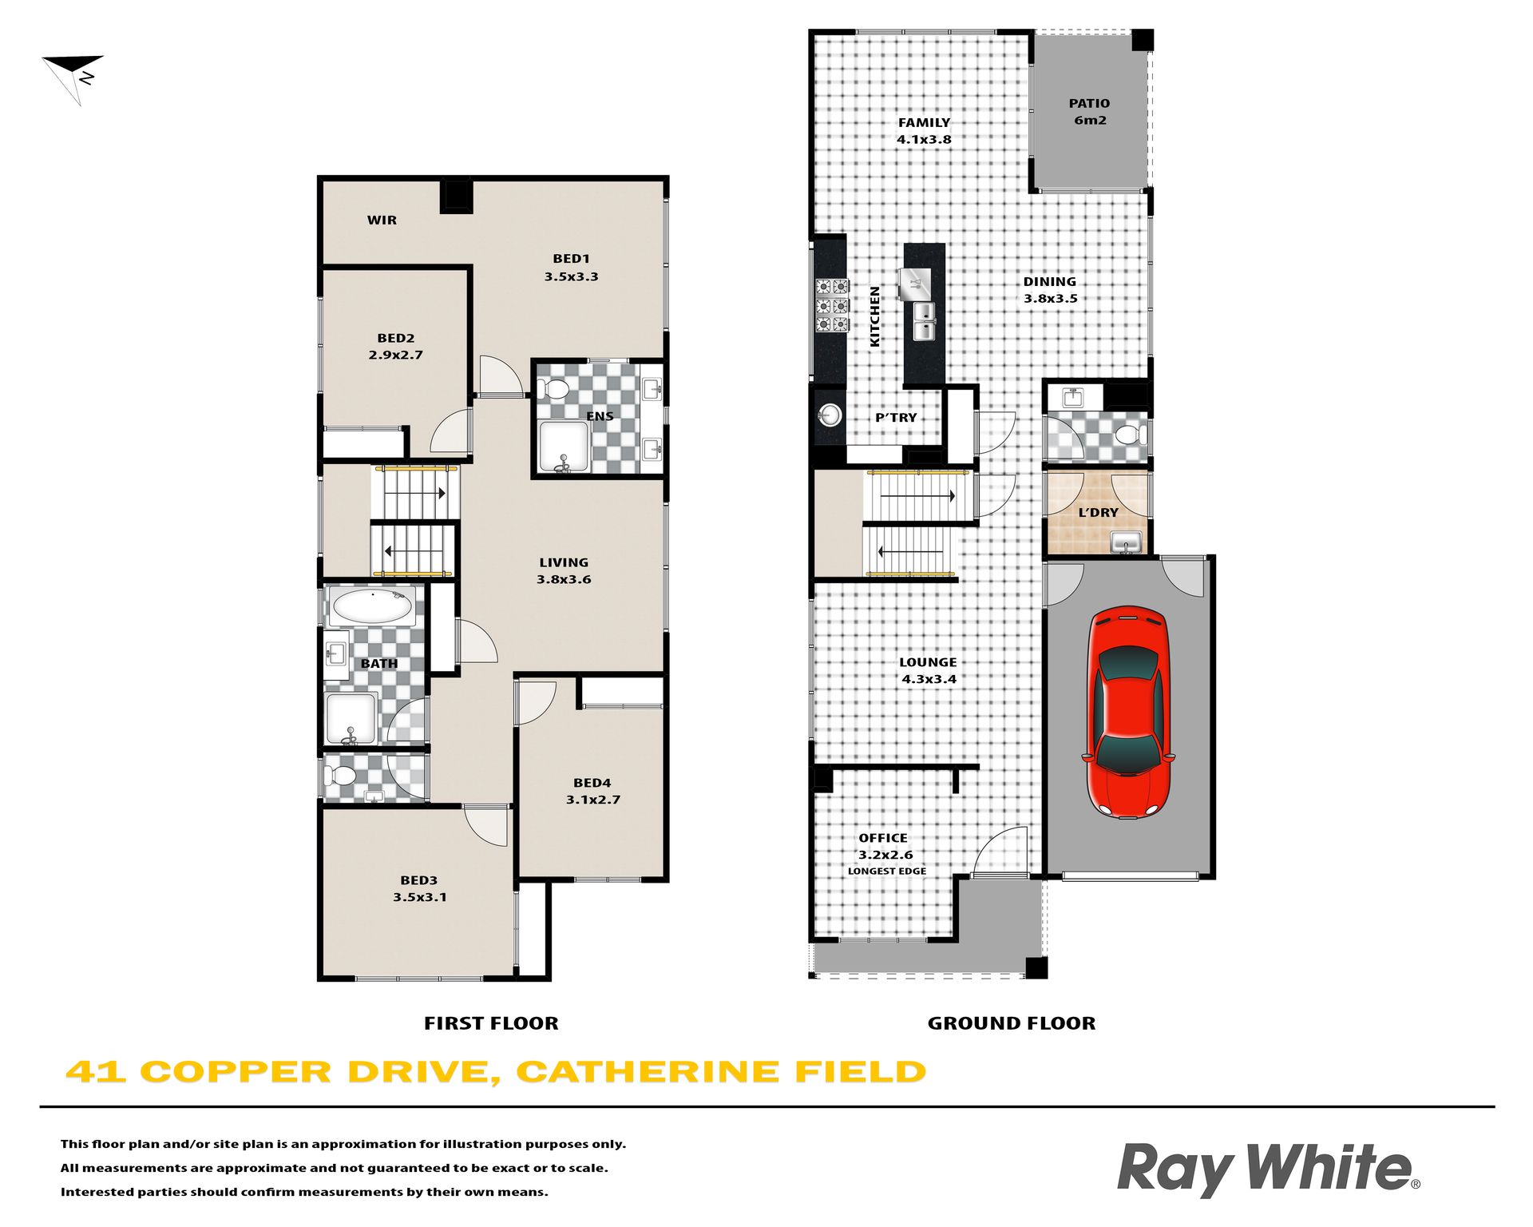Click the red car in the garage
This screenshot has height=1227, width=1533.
(x=1128, y=712)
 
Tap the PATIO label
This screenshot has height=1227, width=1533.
(x=1089, y=103)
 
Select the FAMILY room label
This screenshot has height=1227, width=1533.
(x=924, y=122)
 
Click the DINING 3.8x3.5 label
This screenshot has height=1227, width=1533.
(x=1050, y=289)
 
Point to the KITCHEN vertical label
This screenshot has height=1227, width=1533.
(x=874, y=316)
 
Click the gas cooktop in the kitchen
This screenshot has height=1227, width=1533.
(x=832, y=304)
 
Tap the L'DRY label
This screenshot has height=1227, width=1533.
(x=1098, y=512)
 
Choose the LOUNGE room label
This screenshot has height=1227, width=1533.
(x=928, y=662)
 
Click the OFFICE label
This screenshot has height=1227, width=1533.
(x=883, y=838)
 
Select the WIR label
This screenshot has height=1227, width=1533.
(x=382, y=220)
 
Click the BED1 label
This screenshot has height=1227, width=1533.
(x=571, y=258)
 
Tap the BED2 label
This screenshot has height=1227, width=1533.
(x=395, y=338)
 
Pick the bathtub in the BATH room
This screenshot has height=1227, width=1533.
(x=372, y=606)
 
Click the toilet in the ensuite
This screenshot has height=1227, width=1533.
(x=552, y=390)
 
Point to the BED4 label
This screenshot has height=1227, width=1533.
(x=592, y=783)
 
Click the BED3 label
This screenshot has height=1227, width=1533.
(x=418, y=880)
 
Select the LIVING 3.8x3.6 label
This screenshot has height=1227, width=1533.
(x=564, y=570)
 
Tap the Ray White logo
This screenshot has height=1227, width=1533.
(x=1268, y=1169)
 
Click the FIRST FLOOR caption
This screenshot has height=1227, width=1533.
(x=491, y=1023)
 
